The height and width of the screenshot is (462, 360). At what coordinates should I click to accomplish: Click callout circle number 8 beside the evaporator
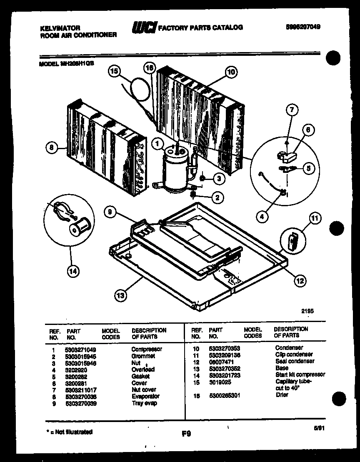pyautogui.click(x=51, y=147)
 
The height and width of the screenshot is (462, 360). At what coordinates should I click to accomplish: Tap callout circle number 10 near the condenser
pyautogui.click(x=231, y=72)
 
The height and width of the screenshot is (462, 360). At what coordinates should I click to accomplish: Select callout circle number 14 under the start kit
pyautogui.click(x=72, y=271)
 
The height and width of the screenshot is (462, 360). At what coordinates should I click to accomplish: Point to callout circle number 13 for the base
pyautogui.click(x=120, y=296)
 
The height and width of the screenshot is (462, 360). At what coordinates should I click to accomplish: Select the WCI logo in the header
pyautogui.click(x=144, y=27)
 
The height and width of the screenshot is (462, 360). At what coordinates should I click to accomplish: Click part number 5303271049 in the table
pyautogui.click(x=80, y=349)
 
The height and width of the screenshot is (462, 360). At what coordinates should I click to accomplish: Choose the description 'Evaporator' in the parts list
pyautogui.click(x=145, y=396)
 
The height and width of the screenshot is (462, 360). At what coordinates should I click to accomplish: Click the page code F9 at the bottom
pyautogui.click(x=186, y=434)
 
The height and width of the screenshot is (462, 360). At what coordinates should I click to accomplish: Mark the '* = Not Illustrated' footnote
pyautogui.click(x=69, y=432)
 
